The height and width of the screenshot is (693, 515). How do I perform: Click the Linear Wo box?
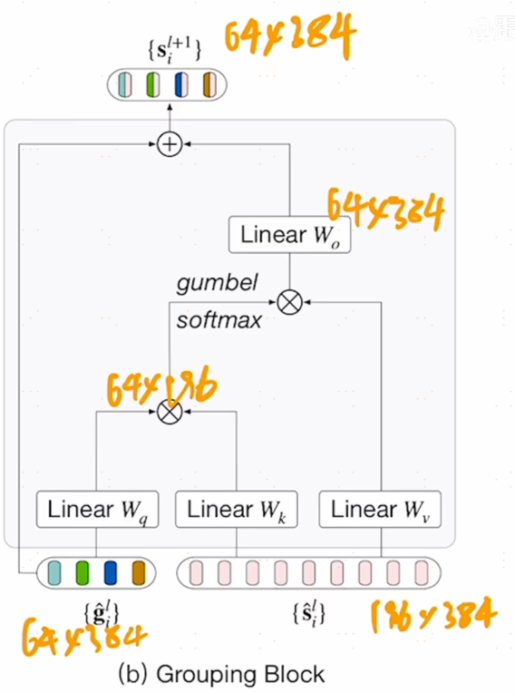[x=287, y=235]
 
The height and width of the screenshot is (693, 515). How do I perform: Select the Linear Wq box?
[x=96, y=509]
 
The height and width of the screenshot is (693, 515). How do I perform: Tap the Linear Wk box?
[x=236, y=509]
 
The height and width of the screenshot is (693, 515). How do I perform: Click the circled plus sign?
[x=169, y=143]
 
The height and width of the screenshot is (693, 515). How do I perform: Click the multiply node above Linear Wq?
[x=169, y=412]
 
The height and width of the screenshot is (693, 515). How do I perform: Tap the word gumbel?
[x=217, y=283]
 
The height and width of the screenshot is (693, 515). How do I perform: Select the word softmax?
[x=219, y=319]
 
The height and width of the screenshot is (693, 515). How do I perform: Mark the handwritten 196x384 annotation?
[x=433, y=617]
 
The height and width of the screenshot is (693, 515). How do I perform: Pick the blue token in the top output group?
[x=181, y=84]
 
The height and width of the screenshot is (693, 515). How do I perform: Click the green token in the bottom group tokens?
[x=83, y=572]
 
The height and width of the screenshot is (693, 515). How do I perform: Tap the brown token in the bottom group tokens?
[x=139, y=572]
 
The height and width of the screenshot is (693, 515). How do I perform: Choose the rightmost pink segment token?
[x=421, y=572]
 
